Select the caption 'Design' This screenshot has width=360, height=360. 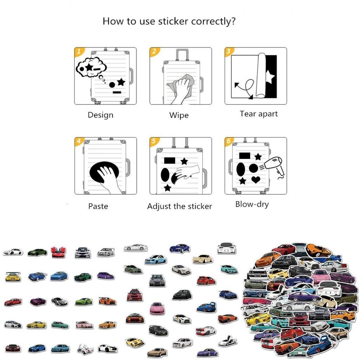[101, 115]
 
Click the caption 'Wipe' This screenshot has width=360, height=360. [179, 115]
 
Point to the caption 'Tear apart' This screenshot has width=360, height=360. [259, 114]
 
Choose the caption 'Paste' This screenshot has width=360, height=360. [98, 206]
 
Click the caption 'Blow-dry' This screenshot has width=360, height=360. [252, 204]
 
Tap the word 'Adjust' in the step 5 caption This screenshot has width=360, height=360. [159, 206]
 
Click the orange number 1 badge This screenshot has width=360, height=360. [79, 51]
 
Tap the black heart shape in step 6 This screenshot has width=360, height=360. [256, 180]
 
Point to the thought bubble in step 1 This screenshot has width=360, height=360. [91, 67]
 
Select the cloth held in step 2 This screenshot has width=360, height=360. [181, 84]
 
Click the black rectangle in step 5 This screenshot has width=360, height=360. [169, 160]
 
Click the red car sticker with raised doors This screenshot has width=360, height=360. [58, 252]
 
